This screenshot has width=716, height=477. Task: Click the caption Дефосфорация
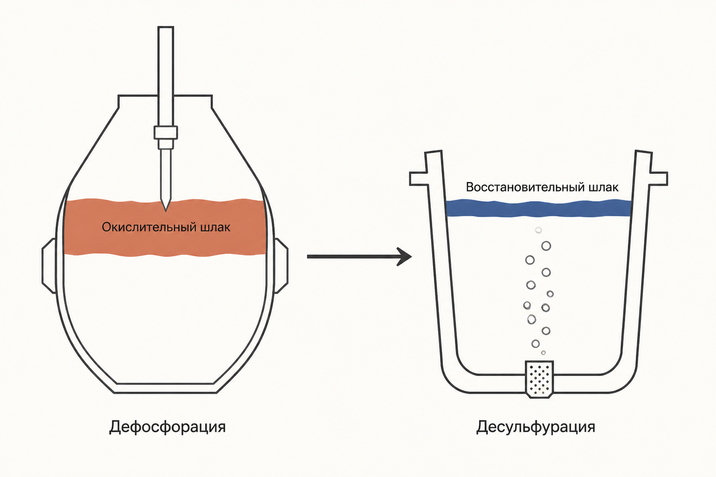point(167,427)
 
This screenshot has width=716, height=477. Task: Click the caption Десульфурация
point(536,427)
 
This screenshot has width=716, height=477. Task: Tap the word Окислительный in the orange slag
point(149,227)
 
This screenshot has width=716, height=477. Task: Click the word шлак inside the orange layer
point(215,227)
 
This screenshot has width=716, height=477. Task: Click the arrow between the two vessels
point(359,256)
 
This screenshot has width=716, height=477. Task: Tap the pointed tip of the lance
point(165,211)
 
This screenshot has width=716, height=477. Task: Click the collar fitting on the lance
point(165,133)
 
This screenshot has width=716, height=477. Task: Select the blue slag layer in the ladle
point(538,208)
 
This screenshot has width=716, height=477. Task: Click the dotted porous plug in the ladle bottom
point(539,379)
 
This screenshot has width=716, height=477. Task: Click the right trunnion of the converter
point(281,266)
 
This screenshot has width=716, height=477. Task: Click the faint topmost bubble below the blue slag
point(538,230)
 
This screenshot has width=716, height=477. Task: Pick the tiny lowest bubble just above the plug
point(544,353)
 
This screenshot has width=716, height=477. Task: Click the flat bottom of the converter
point(165,388)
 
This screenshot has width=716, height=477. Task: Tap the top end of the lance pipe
point(165,27)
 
